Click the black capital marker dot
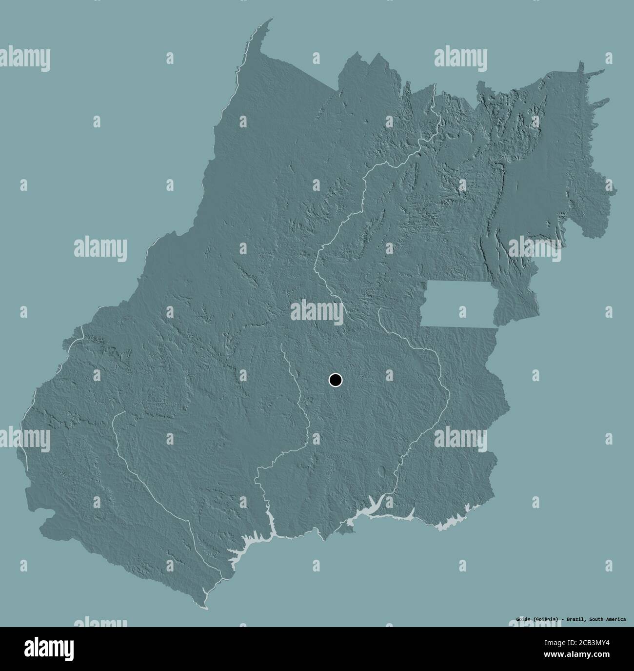click(x=336, y=380)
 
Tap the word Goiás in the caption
click(x=524, y=620)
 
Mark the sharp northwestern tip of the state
click(x=272, y=20)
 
